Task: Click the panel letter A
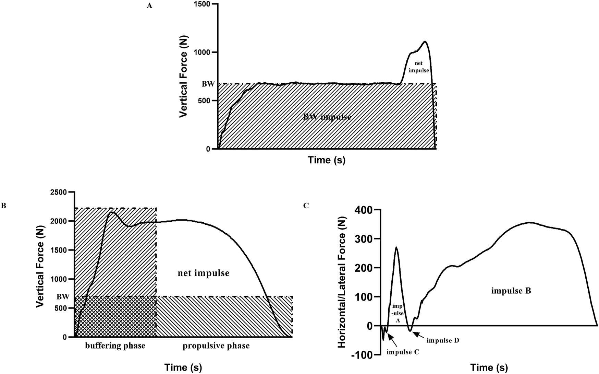click(149, 6)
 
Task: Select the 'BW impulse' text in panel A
click(327, 117)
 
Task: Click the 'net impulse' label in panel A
click(418, 67)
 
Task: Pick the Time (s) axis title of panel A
click(327, 160)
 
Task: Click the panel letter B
click(4, 206)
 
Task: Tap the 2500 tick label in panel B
click(59, 192)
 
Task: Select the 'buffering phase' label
click(115, 346)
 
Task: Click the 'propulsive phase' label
click(216, 346)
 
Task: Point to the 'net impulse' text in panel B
click(204, 273)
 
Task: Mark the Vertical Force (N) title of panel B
click(41, 264)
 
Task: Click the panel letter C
click(306, 206)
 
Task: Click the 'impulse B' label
click(511, 291)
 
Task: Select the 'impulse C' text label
click(403, 352)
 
